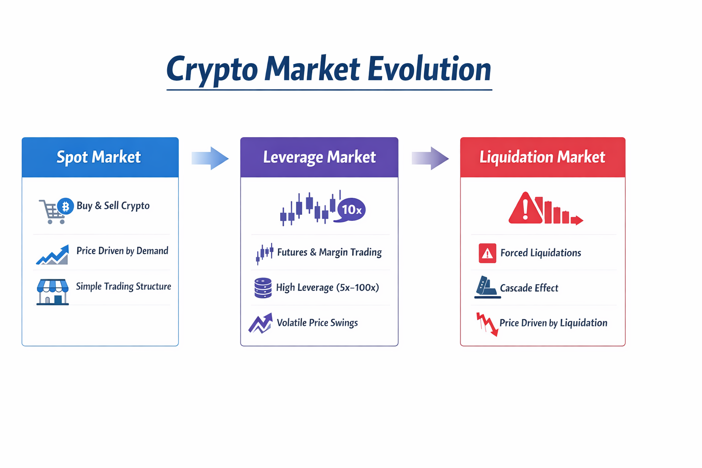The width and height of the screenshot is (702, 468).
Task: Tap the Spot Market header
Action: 100,157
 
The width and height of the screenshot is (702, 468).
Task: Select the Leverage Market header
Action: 319,157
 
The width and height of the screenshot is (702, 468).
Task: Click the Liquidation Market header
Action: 543,157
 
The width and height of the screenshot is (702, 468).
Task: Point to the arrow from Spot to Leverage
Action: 210,158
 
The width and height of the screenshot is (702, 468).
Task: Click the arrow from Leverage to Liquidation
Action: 430,158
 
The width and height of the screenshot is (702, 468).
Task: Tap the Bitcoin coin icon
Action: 65,206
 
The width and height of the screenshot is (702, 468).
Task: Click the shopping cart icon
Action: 52,212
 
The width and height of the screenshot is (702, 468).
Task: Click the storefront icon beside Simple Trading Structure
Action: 53,292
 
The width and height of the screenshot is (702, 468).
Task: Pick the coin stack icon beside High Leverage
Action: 263,288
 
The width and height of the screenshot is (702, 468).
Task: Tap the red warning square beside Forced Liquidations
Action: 487,253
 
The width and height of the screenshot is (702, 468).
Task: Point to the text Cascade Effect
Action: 529,288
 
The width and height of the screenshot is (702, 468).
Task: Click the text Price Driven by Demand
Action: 122,251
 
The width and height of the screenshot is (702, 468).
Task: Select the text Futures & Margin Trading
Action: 330,252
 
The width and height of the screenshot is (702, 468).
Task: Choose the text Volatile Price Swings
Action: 317,323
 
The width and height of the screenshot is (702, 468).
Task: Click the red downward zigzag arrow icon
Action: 487,324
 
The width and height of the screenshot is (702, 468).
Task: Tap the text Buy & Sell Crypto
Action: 113,206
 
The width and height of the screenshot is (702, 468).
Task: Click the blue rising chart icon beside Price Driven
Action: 53,255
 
